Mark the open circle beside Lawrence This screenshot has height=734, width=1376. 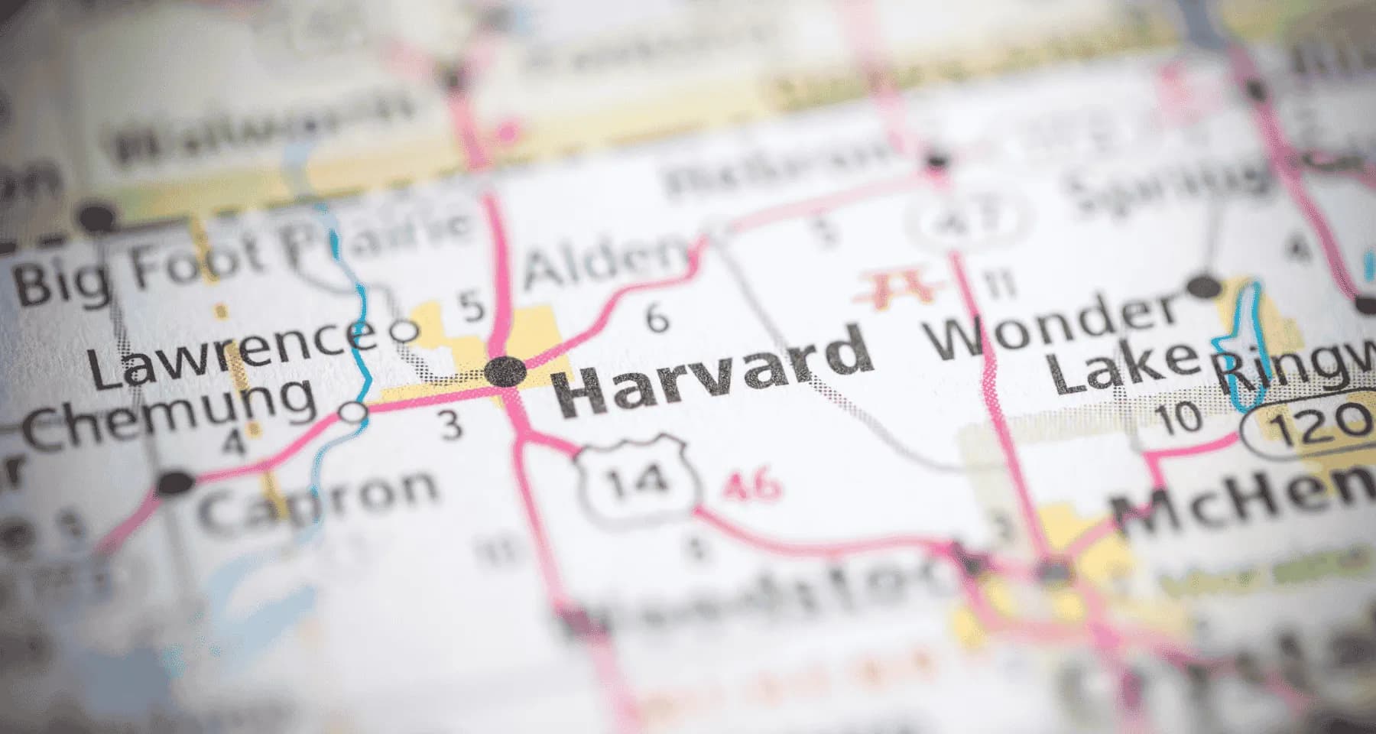[404, 331]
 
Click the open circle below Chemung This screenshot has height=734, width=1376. [354, 413]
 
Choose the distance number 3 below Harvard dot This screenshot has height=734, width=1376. [453, 425]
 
